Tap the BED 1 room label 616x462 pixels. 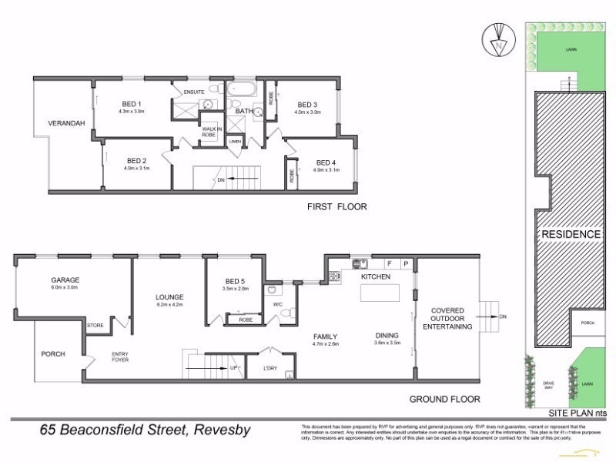coord(132,104)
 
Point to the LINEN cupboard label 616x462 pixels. coord(234,142)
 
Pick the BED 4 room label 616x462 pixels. coord(326,162)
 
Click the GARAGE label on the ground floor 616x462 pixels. coord(66,280)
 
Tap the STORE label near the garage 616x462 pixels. coord(95,325)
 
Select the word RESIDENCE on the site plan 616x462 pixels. coord(570,234)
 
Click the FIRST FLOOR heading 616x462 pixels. coord(336,206)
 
